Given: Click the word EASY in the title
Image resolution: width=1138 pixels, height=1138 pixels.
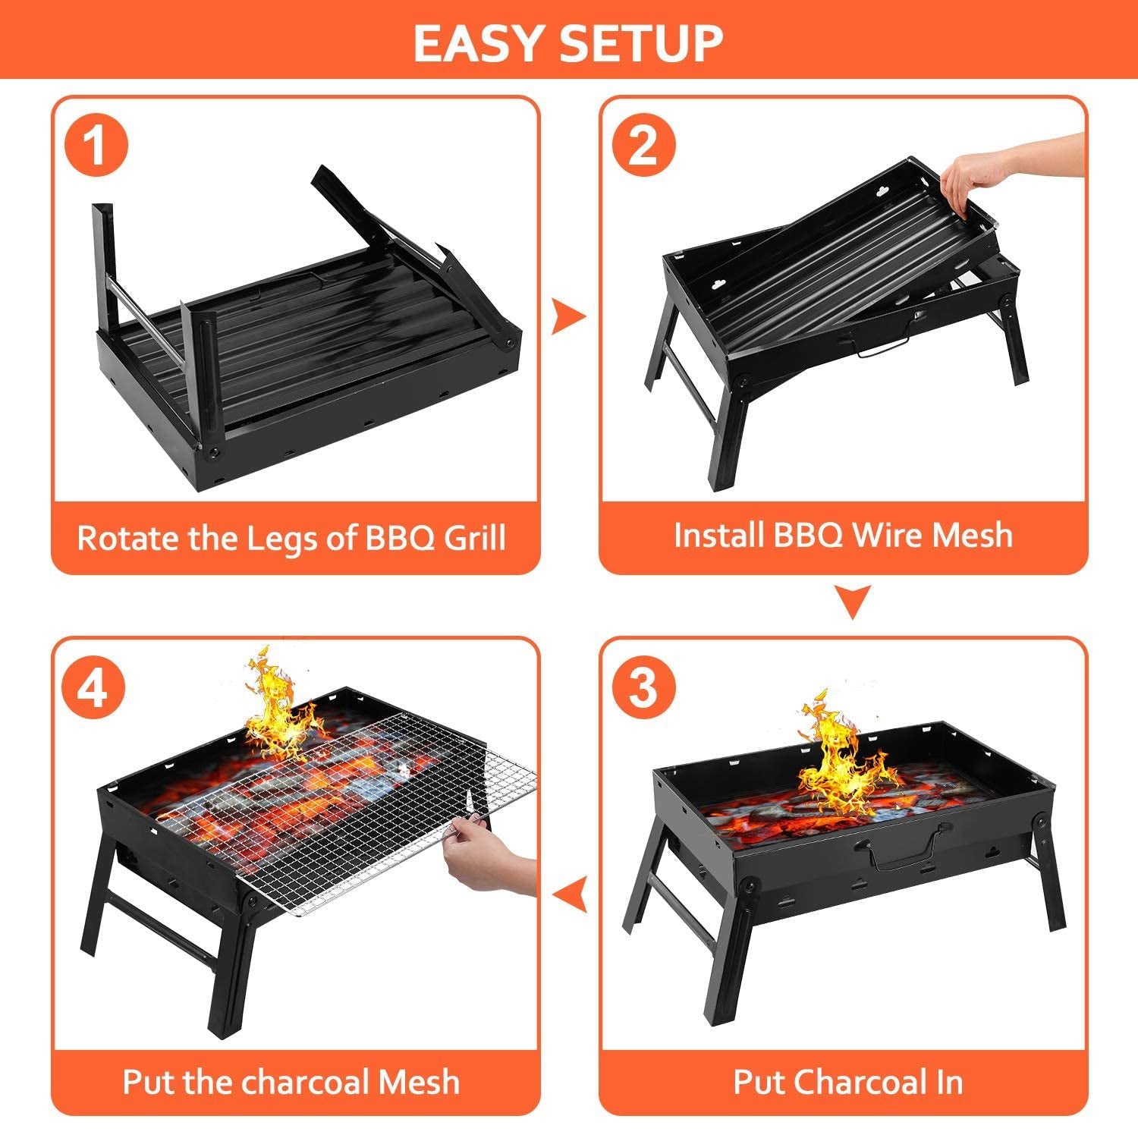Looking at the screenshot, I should pyautogui.click(x=480, y=43).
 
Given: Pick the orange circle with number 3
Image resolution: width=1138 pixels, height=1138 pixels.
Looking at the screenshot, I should pyautogui.click(x=643, y=687).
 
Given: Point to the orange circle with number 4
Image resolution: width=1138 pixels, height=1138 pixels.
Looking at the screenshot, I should pyautogui.click(x=95, y=687).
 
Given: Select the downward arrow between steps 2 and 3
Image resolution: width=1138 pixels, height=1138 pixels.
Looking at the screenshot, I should pyautogui.click(x=851, y=601).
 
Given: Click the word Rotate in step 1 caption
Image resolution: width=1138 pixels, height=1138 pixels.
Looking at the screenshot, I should pyautogui.click(x=127, y=538).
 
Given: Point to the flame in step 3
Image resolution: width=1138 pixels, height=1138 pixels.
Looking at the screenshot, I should pyautogui.click(x=835, y=759).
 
